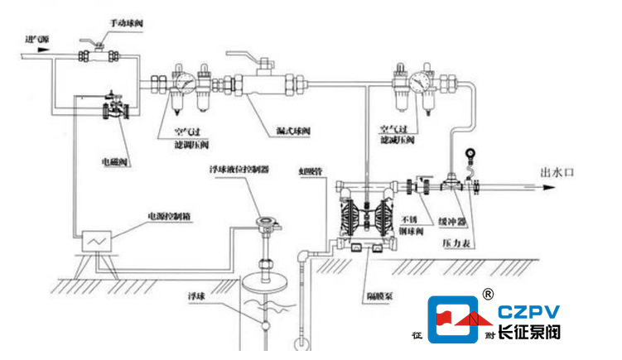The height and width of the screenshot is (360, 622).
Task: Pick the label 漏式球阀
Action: [x=293, y=130]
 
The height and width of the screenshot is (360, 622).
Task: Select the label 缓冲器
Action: [x=452, y=221]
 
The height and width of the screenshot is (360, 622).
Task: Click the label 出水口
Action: [x=556, y=173]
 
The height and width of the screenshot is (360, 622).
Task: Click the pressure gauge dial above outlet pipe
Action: [x=472, y=153]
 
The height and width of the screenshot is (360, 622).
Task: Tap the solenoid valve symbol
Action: [x=113, y=108]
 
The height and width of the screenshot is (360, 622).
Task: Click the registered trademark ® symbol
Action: [x=488, y=293]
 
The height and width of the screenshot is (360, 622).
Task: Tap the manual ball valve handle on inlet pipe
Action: [x=94, y=48]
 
